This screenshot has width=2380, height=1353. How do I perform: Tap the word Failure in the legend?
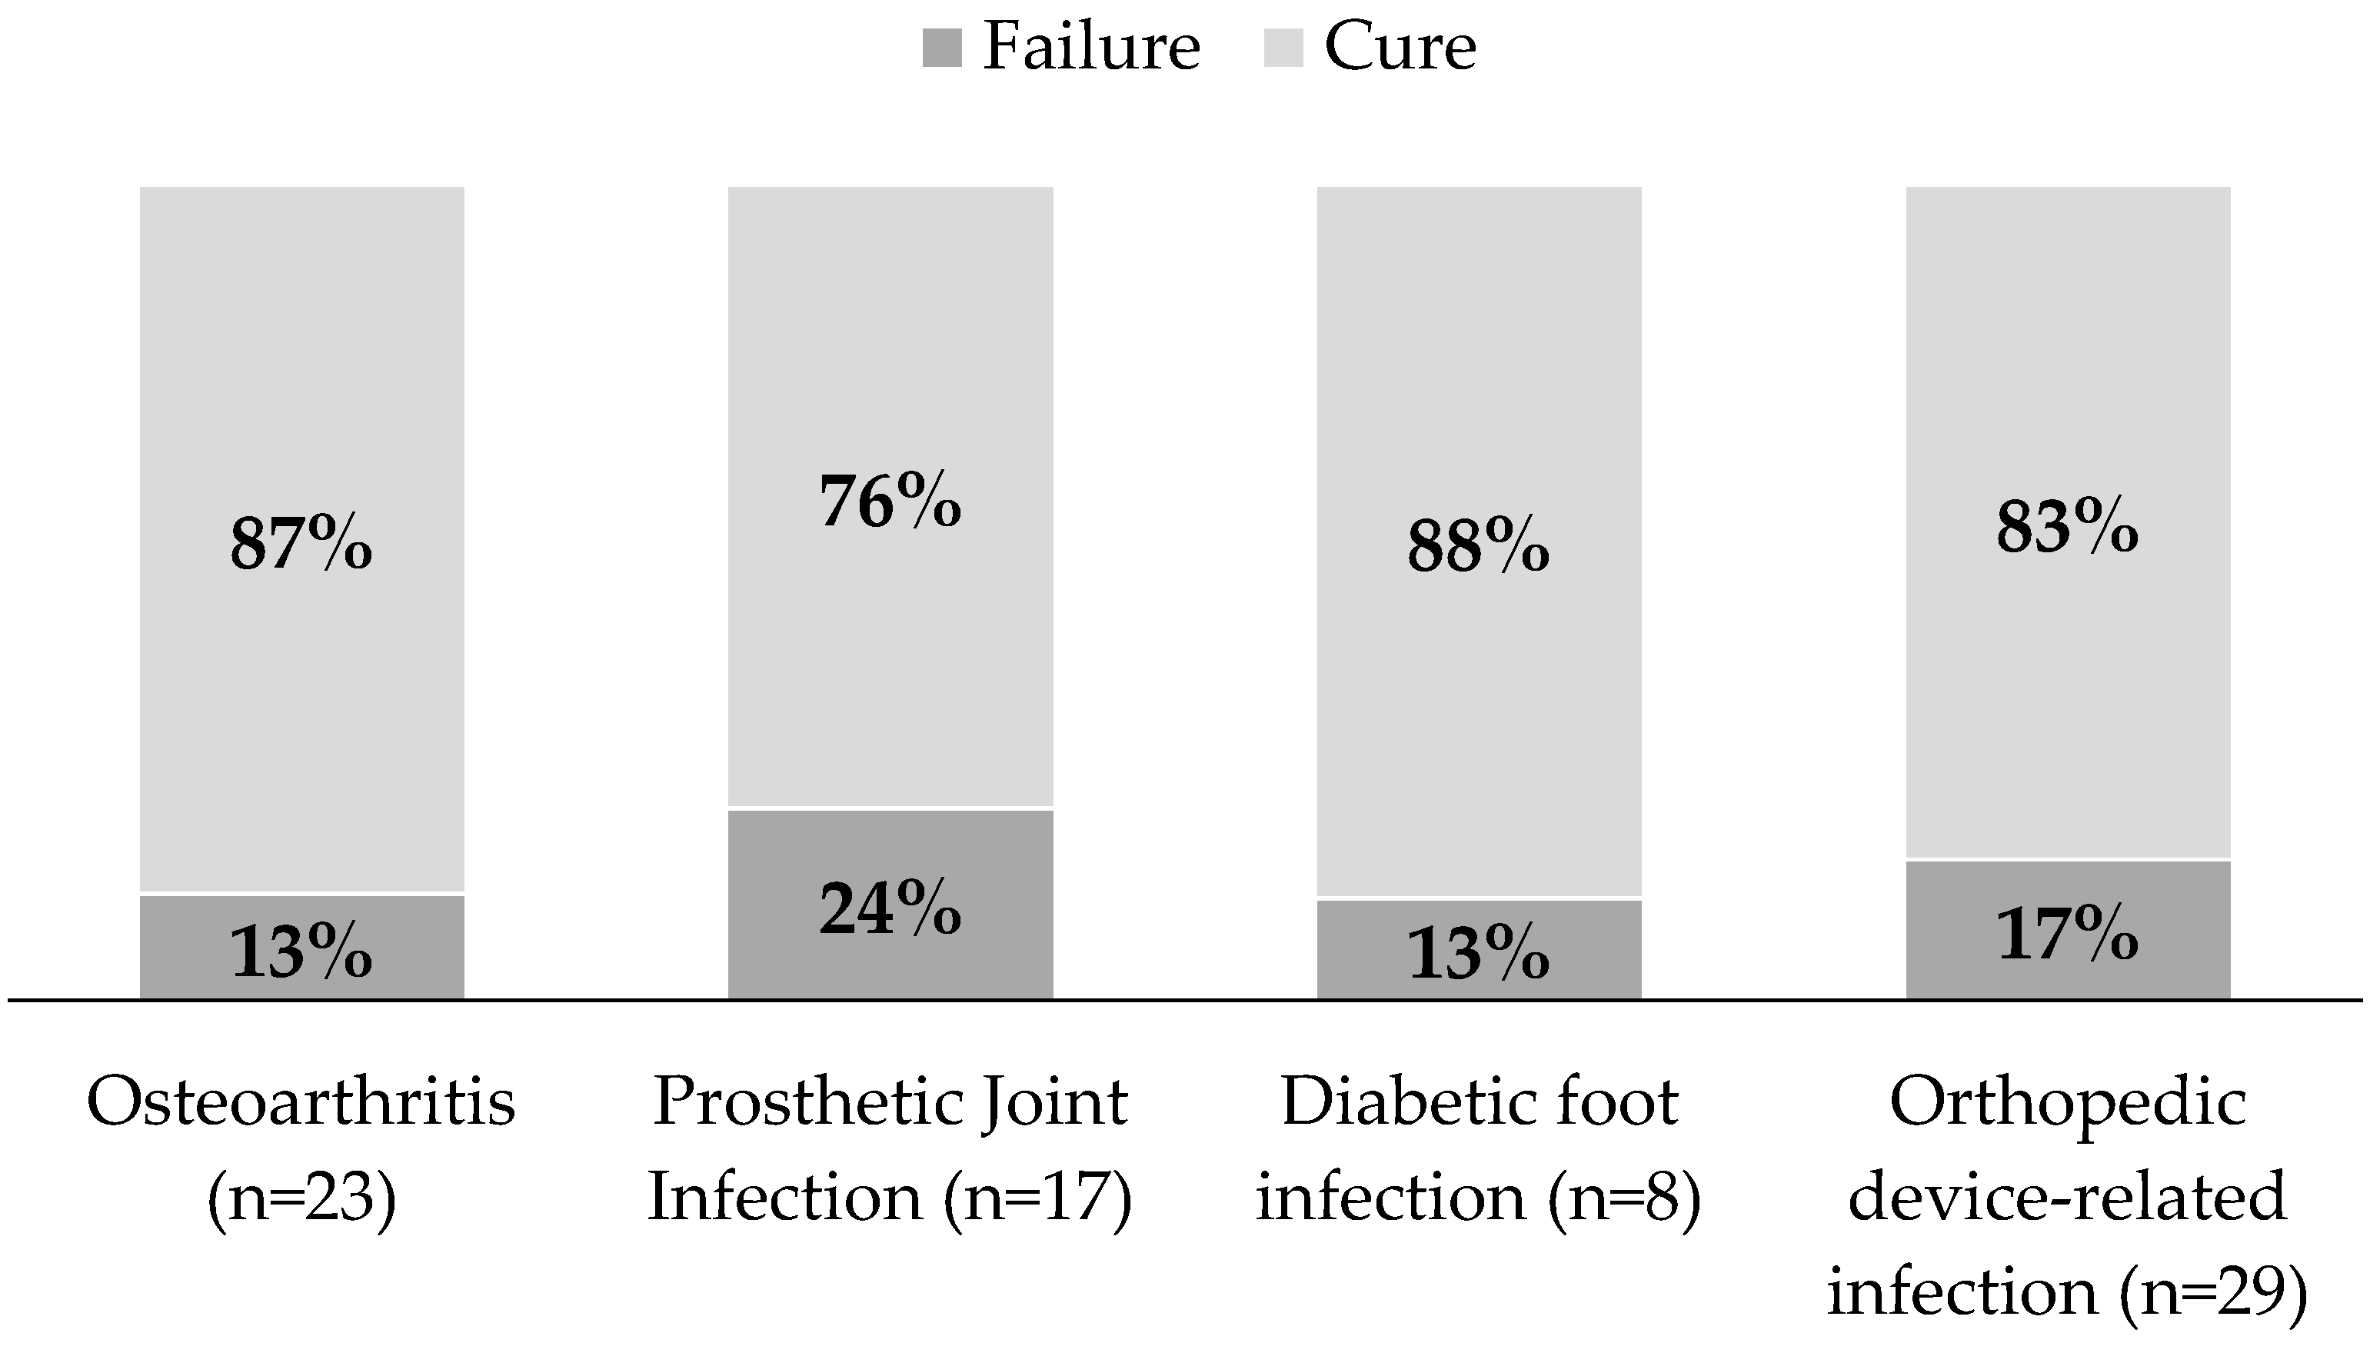[x=1091, y=45]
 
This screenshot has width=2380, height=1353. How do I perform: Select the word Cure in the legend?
[x=1400, y=45]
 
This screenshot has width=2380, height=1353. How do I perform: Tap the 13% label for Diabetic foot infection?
[x=1478, y=955]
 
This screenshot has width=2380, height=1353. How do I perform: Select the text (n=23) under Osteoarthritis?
[x=301, y=1198]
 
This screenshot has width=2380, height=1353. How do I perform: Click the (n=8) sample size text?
[x=1624, y=1198]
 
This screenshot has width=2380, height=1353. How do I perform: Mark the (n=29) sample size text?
[x=2214, y=1292]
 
